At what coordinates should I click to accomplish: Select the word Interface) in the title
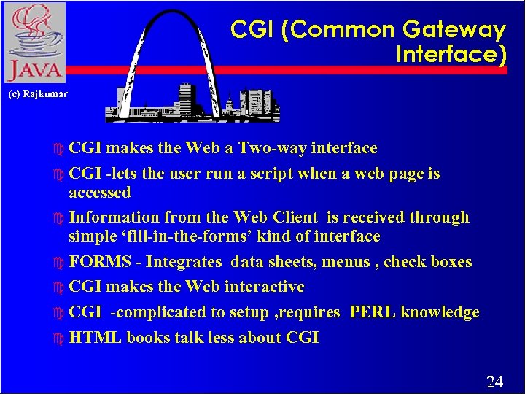(451, 55)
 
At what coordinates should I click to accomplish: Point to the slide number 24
(494, 381)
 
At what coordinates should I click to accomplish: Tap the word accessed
(100, 193)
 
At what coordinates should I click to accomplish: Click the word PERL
(373, 312)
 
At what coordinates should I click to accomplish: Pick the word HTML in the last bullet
(95, 338)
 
